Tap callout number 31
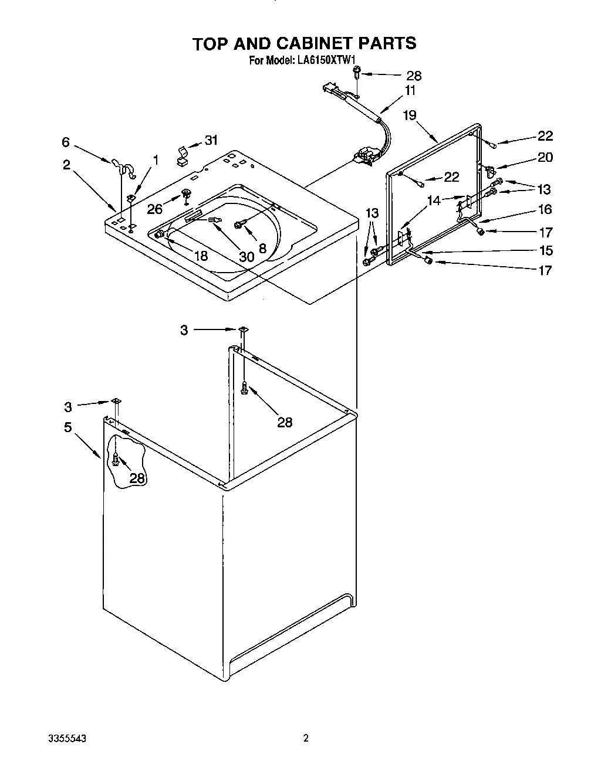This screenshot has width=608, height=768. click(211, 140)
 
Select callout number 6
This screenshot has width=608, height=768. click(66, 142)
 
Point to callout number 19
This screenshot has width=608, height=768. click(409, 115)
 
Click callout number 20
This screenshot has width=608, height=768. click(545, 157)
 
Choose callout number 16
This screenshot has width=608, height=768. click(545, 209)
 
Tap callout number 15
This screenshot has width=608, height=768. click(545, 250)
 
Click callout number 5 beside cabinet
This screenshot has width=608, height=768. click(68, 427)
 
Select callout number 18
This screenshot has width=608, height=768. click(200, 256)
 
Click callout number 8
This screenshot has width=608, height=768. click(262, 249)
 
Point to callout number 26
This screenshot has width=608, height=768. click(155, 208)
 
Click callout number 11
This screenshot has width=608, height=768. click(410, 90)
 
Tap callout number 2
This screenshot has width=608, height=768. click(67, 165)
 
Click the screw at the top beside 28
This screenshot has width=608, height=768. click(357, 73)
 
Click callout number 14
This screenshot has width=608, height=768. click(434, 201)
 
